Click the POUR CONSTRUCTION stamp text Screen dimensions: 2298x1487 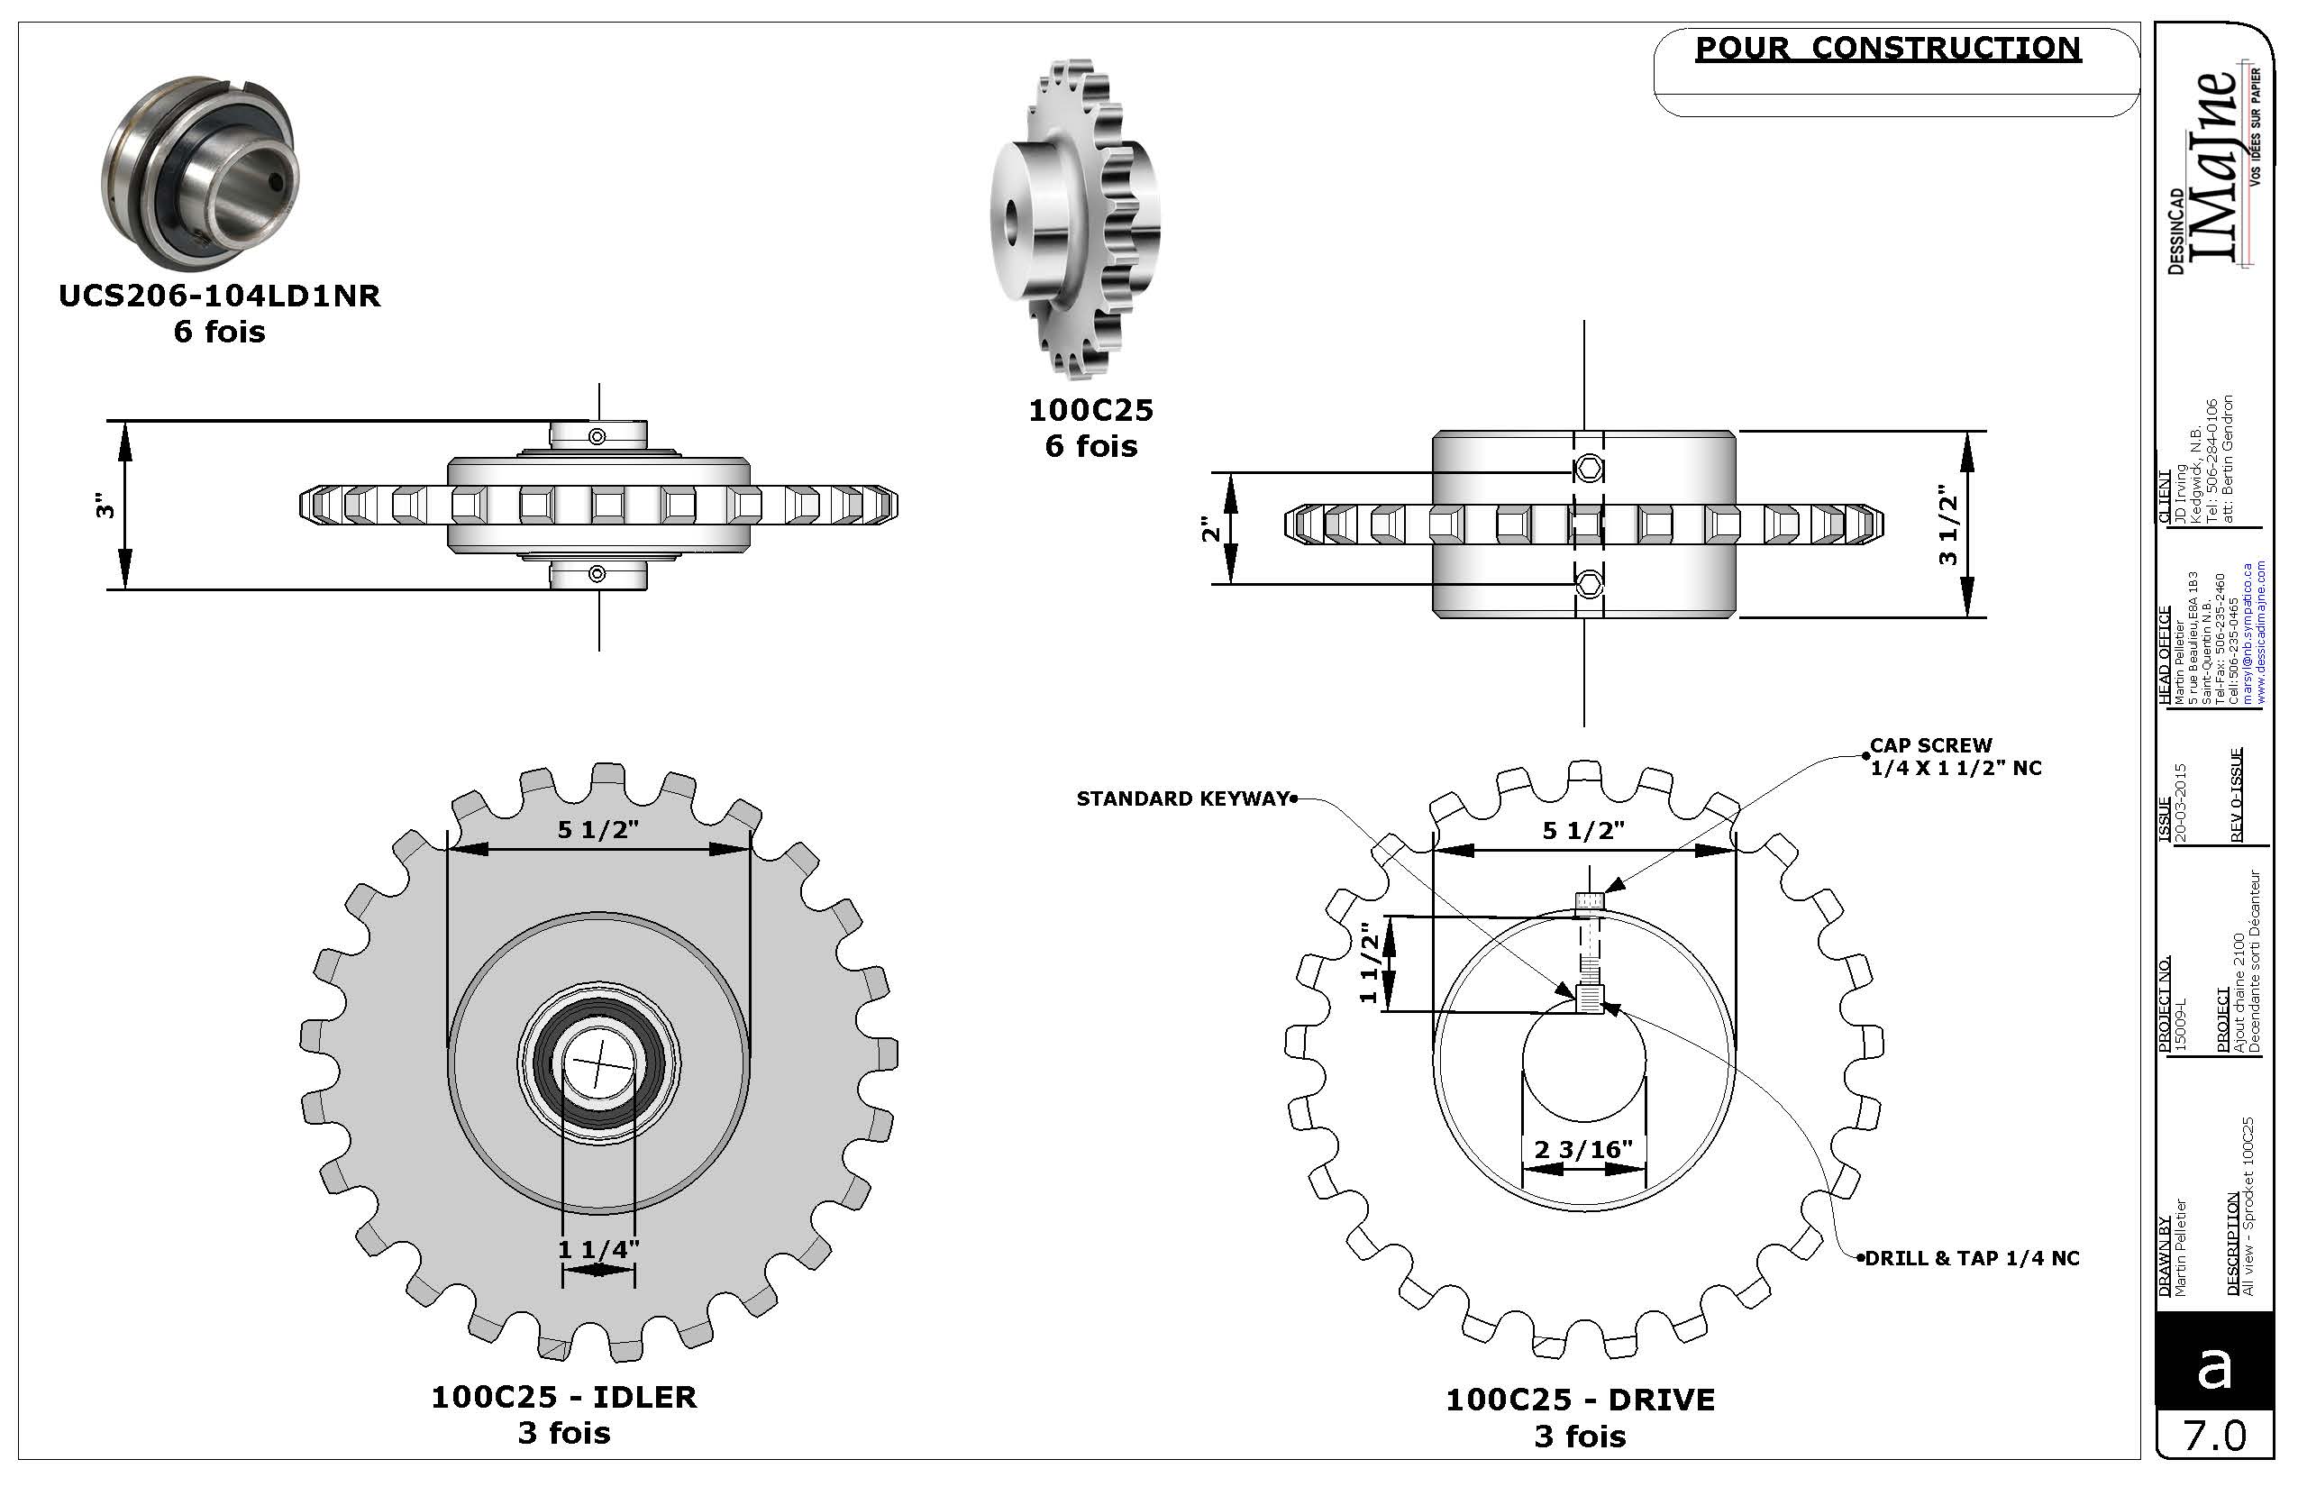click(x=1888, y=49)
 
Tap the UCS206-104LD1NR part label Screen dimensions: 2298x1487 click(x=220, y=296)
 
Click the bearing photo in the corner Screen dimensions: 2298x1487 click(x=201, y=173)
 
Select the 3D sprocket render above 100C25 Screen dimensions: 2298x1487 click(x=1074, y=219)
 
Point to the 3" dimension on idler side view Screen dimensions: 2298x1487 click(x=105, y=505)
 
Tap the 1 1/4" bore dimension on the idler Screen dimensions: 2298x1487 click(x=598, y=1248)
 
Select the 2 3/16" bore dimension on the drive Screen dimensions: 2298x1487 click(x=1583, y=1149)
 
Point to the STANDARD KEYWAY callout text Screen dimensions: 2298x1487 click(x=1182, y=798)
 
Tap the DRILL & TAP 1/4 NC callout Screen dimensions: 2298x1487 click(x=1973, y=1258)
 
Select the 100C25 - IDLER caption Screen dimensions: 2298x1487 click(x=564, y=1396)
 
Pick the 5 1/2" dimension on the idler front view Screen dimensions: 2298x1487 click(x=598, y=829)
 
